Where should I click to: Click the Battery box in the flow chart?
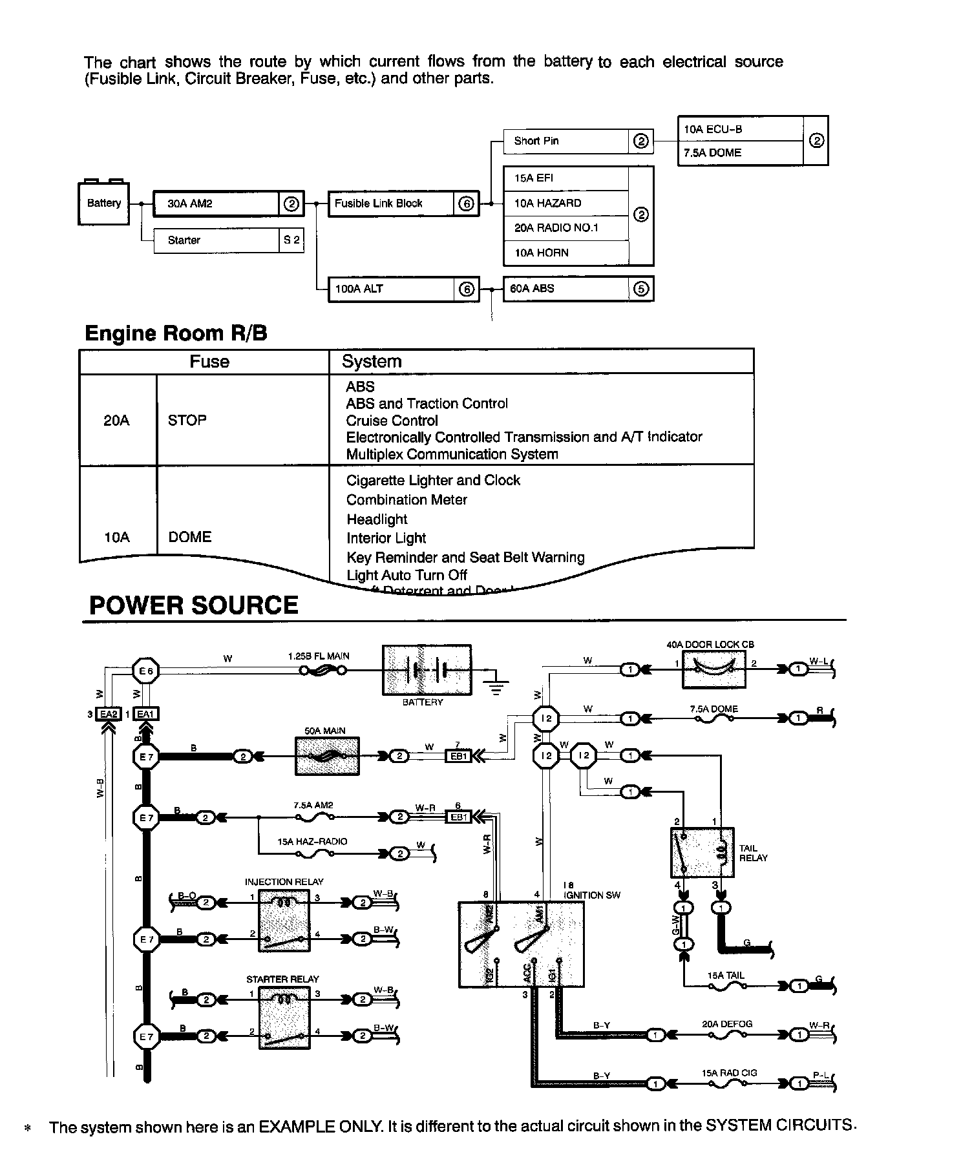coord(103,204)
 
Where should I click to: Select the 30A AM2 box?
coord(217,204)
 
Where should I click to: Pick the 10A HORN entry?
coord(565,253)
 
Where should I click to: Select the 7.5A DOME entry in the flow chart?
coord(740,153)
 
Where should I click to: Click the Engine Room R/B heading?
coord(176,333)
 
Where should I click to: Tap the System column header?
coord(372,361)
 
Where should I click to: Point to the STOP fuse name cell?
coord(187,420)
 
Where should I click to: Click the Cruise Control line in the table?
coord(392,421)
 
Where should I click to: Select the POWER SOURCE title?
coord(193,605)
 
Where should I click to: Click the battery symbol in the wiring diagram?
coord(427,670)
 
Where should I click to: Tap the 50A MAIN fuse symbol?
coord(327,756)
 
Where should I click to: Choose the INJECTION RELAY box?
coord(284,920)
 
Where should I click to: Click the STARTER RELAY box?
coord(283,1017)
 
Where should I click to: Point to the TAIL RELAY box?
coord(702,852)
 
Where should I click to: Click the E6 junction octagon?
coord(146,671)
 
